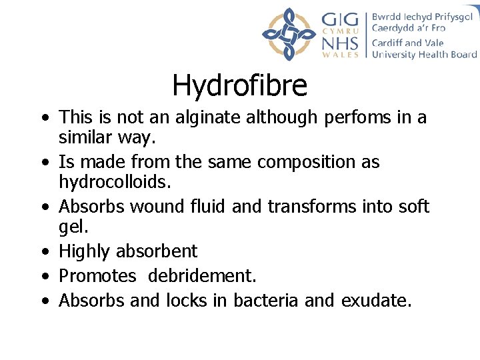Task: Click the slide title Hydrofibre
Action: [x=239, y=85]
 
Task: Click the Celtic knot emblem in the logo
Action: [x=289, y=34]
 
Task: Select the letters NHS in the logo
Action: [x=340, y=43]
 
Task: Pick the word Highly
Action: [x=85, y=251]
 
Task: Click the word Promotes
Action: [x=97, y=276]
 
